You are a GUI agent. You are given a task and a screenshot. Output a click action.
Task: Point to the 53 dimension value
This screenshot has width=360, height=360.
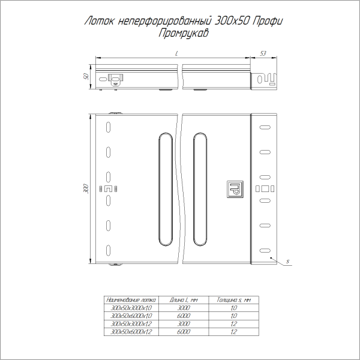point(263,54)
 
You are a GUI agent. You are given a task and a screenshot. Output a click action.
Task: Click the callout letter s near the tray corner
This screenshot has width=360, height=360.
point(288,262)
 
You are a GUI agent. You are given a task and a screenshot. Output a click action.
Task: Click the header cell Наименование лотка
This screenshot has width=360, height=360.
point(130,299)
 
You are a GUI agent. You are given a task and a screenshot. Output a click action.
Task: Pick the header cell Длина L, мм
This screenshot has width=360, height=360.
point(184,299)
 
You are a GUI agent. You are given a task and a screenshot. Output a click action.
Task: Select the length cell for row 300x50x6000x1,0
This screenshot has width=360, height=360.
point(184,314)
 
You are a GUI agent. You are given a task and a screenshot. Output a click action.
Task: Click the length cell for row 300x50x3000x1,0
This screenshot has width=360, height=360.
point(184,307)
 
